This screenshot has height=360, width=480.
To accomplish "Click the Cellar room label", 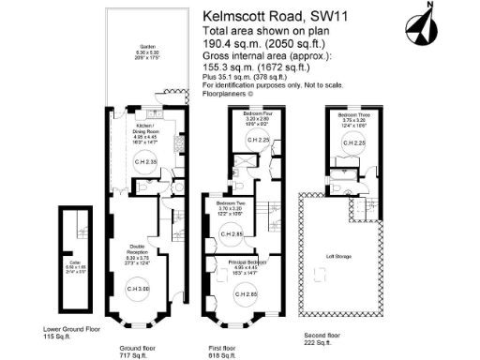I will [x=76, y=268].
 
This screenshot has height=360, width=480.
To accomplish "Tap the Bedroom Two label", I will [x=231, y=204].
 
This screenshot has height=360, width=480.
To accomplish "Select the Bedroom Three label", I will [x=353, y=116].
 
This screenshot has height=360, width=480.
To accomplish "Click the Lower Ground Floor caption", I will [x=72, y=329].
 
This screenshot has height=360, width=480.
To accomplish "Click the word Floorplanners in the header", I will [x=230, y=96].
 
